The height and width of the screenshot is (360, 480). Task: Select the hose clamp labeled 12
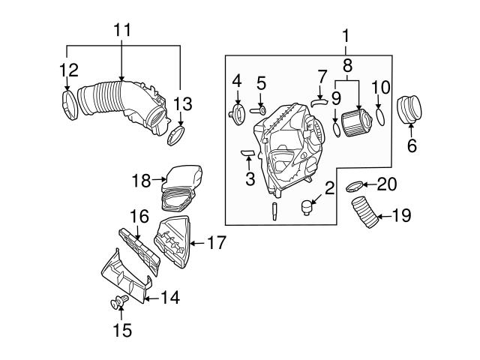(x=68, y=104)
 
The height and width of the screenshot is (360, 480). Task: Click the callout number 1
(x=346, y=34)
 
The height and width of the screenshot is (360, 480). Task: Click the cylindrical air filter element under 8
(x=355, y=122)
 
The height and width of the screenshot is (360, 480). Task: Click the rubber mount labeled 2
(x=306, y=206)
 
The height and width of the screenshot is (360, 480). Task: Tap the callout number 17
(x=216, y=242)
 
